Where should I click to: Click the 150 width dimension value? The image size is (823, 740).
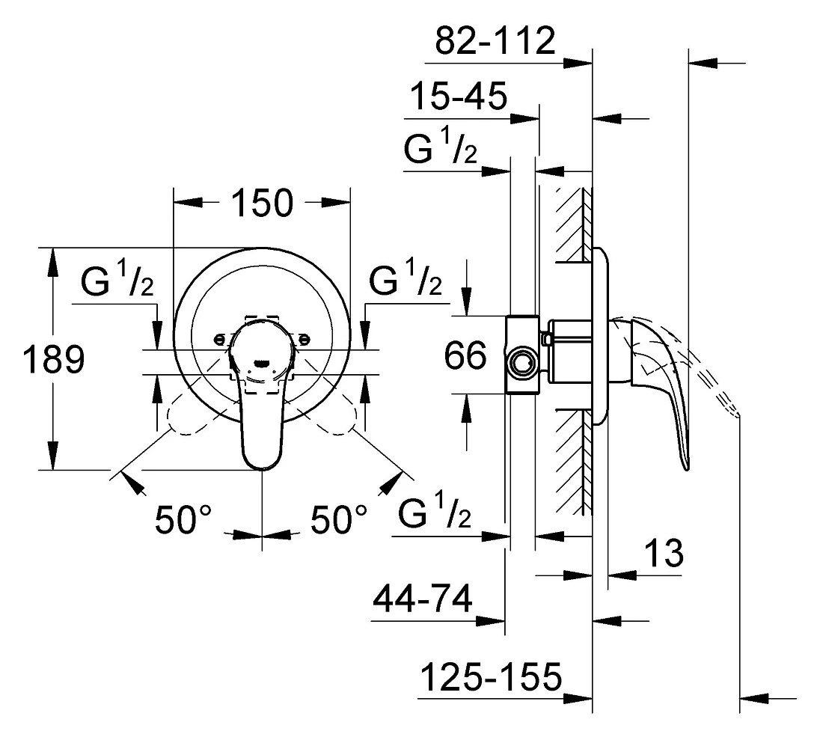262,203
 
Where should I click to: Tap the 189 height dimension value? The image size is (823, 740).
54,359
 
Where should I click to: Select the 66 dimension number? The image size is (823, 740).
465,355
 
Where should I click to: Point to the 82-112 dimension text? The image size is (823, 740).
495,40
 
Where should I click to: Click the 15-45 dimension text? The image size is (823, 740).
458,96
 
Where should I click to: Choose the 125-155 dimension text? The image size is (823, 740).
492,676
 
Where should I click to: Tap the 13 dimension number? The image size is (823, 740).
664,553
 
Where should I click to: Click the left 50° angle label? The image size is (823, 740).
183,519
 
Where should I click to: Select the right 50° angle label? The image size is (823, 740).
339,519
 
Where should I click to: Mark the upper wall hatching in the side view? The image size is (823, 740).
573,224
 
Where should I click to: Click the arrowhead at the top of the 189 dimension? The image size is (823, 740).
52,262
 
